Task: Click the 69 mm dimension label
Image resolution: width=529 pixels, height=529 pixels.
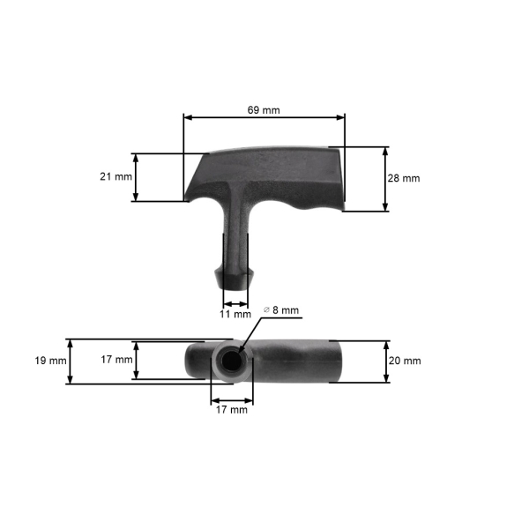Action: [264, 110]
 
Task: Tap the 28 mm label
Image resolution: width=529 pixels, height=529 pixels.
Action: [403, 178]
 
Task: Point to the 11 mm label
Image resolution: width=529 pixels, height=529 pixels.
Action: [235, 314]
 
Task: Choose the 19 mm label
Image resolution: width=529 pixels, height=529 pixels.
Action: [51, 361]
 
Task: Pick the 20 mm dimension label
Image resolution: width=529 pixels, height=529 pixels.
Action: [404, 361]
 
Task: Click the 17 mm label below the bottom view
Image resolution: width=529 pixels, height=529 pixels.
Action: [232, 409]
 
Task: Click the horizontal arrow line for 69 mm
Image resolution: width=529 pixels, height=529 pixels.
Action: [264, 117]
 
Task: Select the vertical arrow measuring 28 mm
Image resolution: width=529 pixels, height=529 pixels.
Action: [385, 178]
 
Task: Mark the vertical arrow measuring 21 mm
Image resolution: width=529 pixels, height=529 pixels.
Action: [135, 177]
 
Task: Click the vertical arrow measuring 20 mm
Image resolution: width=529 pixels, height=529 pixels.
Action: [385, 361]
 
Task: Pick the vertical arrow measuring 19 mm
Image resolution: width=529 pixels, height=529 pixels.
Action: [69, 361]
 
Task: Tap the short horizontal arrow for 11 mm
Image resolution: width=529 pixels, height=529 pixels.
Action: [235, 302]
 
